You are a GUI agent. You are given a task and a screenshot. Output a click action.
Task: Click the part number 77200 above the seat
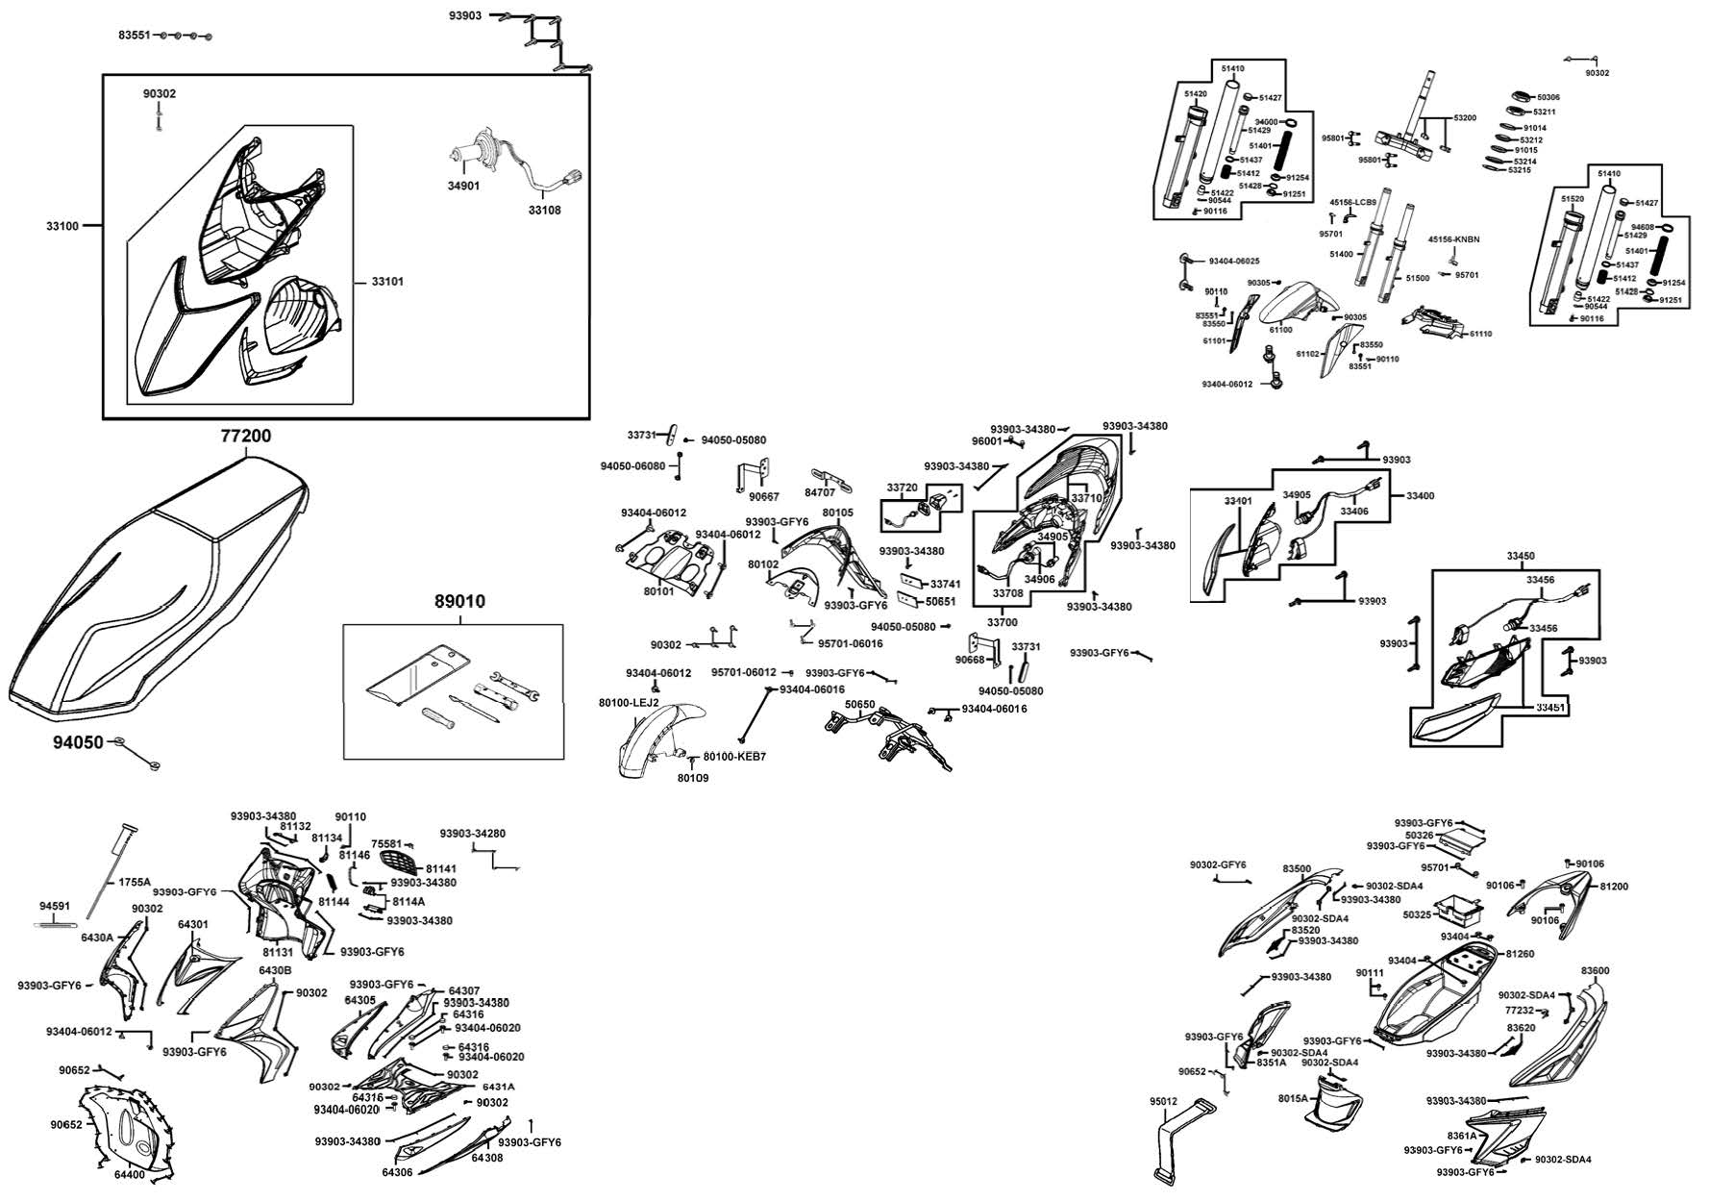(246, 436)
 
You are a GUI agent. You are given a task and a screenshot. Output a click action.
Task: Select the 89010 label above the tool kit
(459, 602)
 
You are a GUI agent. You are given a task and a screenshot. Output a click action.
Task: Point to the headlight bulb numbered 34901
(468, 158)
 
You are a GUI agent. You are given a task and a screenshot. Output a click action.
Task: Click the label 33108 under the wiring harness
(544, 210)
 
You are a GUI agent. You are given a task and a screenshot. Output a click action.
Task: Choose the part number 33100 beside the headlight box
(62, 226)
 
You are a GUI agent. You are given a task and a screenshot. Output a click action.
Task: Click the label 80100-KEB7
(735, 757)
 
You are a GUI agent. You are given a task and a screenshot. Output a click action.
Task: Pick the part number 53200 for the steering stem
(1465, 117)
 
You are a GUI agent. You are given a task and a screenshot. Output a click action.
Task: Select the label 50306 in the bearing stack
(1548, 97)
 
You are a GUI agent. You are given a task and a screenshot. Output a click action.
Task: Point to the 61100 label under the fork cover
(1280, 330)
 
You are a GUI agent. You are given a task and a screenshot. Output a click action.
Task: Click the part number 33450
(1521, 556)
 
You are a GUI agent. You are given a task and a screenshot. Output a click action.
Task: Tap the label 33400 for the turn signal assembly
(1420, 496)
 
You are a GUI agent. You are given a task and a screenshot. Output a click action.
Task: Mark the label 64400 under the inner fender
(130, 1174)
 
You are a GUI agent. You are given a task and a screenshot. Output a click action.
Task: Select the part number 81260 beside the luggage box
(1520, 954)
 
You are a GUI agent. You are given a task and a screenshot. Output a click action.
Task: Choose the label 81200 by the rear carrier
(1614, 887)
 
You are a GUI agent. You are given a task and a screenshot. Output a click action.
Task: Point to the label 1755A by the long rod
(135, 882)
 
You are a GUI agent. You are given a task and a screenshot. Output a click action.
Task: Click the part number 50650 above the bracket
(859, 705)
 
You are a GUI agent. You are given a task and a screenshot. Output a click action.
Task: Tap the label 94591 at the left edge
(55, 906)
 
